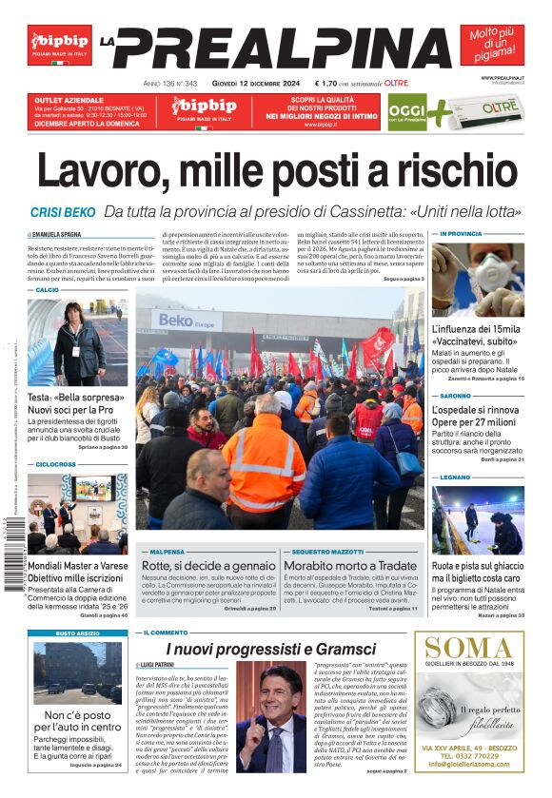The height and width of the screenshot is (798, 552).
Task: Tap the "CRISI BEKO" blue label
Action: [63, 212]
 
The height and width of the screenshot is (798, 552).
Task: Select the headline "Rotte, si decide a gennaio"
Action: [195, 565]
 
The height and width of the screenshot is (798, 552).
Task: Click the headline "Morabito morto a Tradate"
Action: [350, 565]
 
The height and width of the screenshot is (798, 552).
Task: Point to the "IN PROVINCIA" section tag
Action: [462, 233]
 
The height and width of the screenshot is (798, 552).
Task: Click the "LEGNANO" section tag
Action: [455, 477]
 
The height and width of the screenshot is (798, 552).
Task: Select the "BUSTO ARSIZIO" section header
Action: [76, 633]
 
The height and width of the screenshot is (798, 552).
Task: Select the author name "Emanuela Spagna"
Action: [59, 233]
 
